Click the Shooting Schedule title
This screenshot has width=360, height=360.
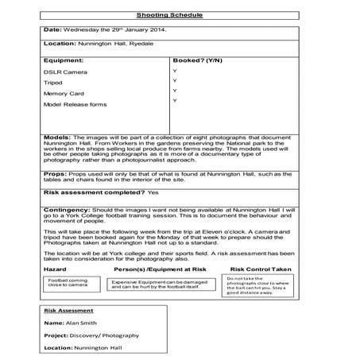point(180,14)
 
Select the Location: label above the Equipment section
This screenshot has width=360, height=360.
point(60,45)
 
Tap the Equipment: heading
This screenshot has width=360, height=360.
point(64,60)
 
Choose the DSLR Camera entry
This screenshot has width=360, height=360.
point(61,72)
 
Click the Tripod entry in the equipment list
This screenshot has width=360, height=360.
point(53,83)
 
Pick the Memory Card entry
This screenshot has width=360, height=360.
point(64,93)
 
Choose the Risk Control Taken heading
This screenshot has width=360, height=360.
point(261,269)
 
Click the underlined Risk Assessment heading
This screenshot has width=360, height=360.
point(70,311)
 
